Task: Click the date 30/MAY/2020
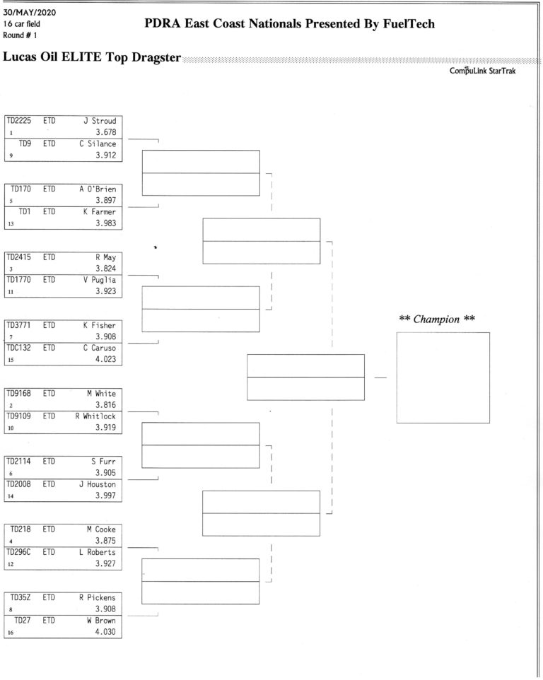coord(30,13)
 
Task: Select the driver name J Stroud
coord(100,121)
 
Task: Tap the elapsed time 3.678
coord(106,132)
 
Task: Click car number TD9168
coord(18,393)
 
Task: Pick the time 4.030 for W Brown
coord(105,632)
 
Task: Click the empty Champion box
coord(443,377)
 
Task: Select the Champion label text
coord(437,320)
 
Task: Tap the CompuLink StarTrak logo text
coord(482,71)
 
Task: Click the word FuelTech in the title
coord(409,23)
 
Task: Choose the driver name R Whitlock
coord(95,416)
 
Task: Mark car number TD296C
coord(18,552)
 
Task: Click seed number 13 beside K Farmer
coord(11,224)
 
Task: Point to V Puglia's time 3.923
coord(106,291)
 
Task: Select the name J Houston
coord(97,484)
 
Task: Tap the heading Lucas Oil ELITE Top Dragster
coord(91,57)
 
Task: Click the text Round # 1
coord(20,35)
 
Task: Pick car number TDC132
coord(18,348)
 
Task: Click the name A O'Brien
coord(98,189)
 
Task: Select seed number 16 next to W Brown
coord(11,633)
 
